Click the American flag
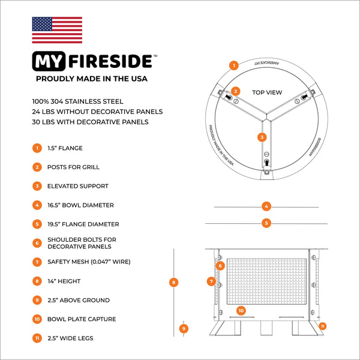pyautogui.click(x=57, y=30)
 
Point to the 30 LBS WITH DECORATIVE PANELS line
pyautogui.click(x=91, y=122)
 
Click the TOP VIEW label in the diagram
pyautogui.click(x=267, y=92)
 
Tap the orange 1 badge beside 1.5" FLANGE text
pyautogui.click(x=37, y=148)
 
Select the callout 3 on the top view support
pyautogui.click(x=262, y=137)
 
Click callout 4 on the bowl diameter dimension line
pyautogui.click(x=266, y=206)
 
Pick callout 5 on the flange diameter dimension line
pyautogui.click(x=266, y=223)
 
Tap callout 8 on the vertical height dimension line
pyautogui.click(x=173, y=282)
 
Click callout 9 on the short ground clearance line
pyautogui.click(x=185, y=328)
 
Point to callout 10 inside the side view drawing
pyautogui.click(x=241, y=311)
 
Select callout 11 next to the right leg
pyautogui.click(x=323, y=326)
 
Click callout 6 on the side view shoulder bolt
pyautogui.click(x=220, y=265)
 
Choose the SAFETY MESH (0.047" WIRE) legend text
pyautogui.click(x=89, y=262)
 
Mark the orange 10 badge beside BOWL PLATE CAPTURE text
pyautogui.click(x=37, y=319)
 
